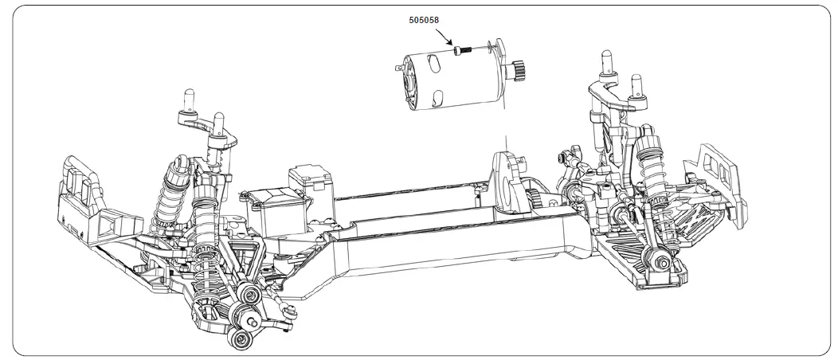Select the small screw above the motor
point(461,50)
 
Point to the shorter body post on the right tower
point(635,87)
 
